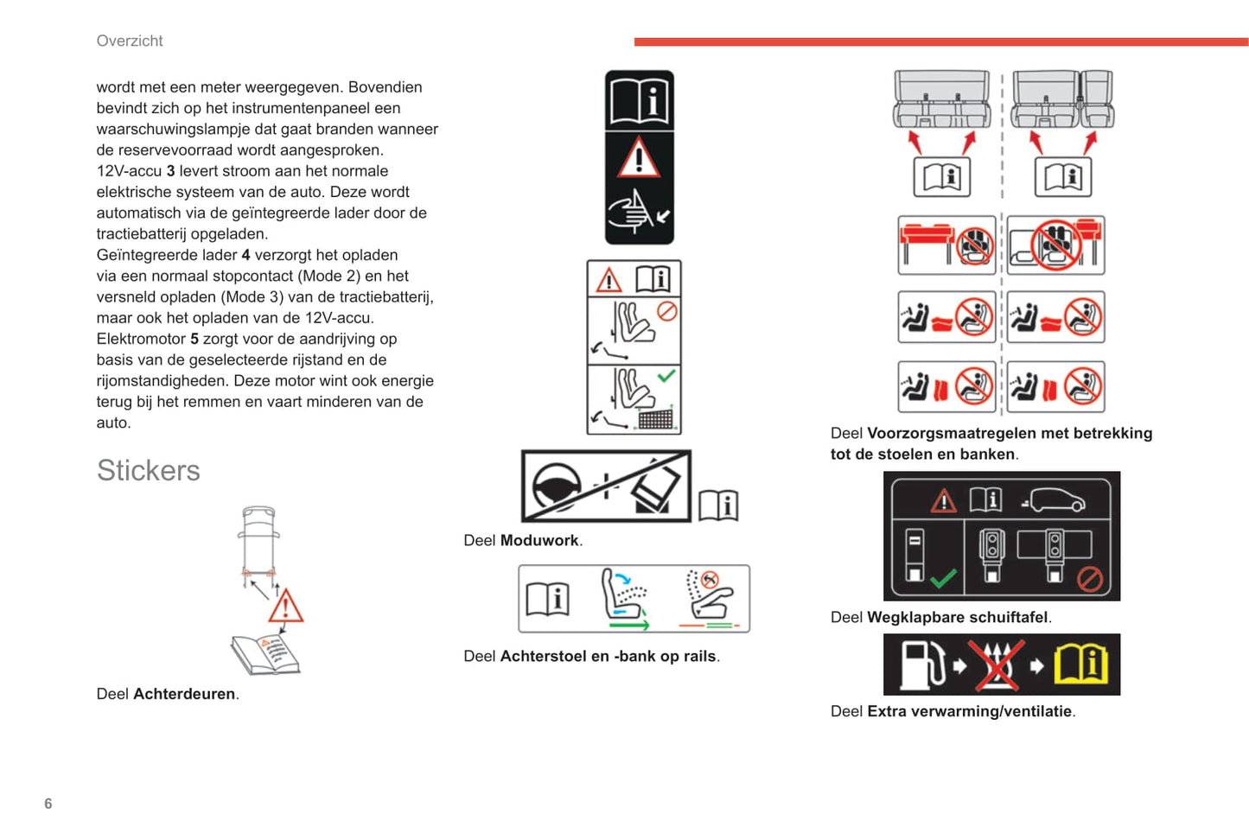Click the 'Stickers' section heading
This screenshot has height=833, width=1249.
pyautogui.click(x=148, y=470)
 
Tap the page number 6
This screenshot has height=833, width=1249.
pyautogui.click(x=48, y=804)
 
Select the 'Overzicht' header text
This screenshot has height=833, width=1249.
pyautogui.click(x=130, y=41)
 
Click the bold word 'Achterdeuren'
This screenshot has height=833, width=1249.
pyautogui.click(x=184, y=694)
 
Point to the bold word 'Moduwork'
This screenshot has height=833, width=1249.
pyautogui.click(x=539, y=540)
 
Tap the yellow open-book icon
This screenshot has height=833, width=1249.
pyautogui.click(x=1080, y=664)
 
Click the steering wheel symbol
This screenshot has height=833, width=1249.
pyautogui.click(x=556, y=486)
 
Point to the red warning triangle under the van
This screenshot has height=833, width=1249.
pyautogui.click(x=285, y=607)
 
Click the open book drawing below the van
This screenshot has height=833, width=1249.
pyautogui.click(x=265, y=654)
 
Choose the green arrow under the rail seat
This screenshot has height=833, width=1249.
pyautogui.click(x=628, y=624)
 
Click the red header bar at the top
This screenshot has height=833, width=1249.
pyautogui.click(x=940, y=41)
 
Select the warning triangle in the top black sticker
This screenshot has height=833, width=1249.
pyautogui.click(x=639, y=158)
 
